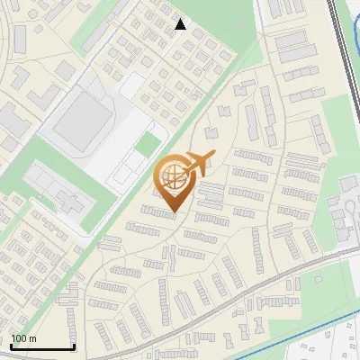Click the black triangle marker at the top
[x=181, y=24]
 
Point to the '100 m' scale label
[x=23, y=338]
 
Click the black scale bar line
[x=41, y=347]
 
